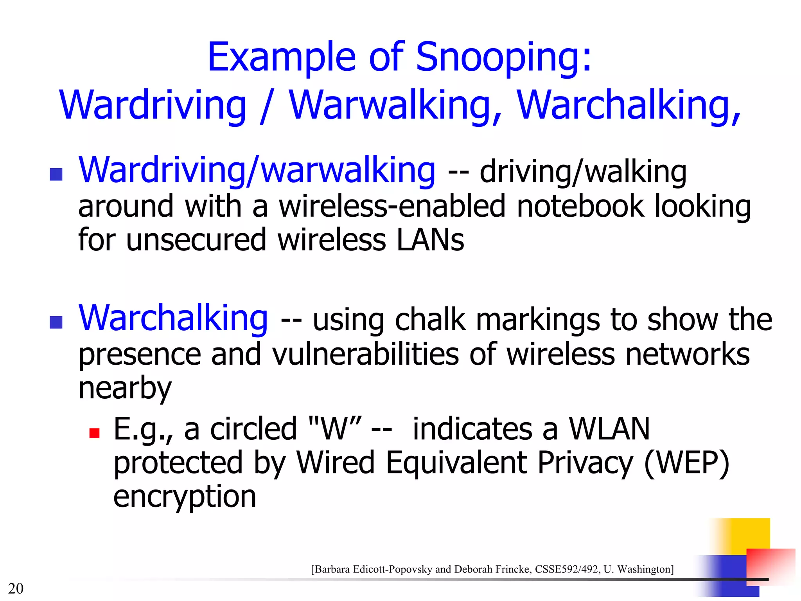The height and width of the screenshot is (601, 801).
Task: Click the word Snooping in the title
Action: point(504,58)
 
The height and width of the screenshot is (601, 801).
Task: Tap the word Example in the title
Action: point(282,58)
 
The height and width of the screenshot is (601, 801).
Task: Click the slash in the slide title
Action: point(267,105)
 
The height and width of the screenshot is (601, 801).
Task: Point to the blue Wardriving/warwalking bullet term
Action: point(257,171)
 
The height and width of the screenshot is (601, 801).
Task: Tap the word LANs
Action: point(430,240)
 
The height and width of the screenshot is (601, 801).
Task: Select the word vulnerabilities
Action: point(365,354)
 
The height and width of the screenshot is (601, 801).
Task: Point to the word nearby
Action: point(125,388)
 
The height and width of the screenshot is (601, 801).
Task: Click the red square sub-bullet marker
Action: point(94,433)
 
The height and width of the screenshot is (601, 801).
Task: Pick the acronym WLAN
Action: point(609,429)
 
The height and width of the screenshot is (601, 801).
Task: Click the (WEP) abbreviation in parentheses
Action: point(686,463)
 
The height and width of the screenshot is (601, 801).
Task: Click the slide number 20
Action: point(16,588)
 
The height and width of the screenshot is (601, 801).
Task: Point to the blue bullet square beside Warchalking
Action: point(56,322)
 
